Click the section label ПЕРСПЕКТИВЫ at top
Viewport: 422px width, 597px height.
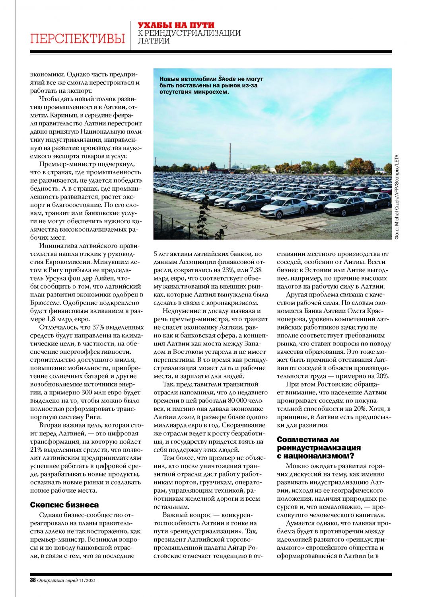coord(77,39)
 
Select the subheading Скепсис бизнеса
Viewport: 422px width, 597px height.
coord(64,505)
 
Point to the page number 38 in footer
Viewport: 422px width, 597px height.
coord(33,580)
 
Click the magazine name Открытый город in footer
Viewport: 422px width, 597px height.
coord(57,580)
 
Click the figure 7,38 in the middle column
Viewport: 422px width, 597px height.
coord(257,270)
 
